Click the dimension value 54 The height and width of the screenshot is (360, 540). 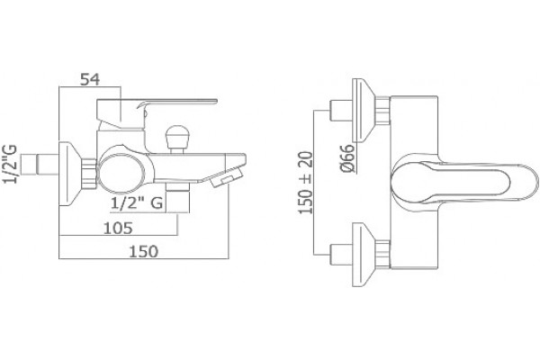(x=90, y=79)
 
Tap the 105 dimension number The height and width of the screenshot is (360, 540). (x=118, y=228)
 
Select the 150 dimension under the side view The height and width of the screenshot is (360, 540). (x=144, y=251)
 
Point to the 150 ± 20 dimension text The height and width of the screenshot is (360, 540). (x=306, y=183)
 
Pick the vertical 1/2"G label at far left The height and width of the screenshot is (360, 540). (x=10, y=164)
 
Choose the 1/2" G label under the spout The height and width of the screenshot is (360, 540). (x=137, y=202)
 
